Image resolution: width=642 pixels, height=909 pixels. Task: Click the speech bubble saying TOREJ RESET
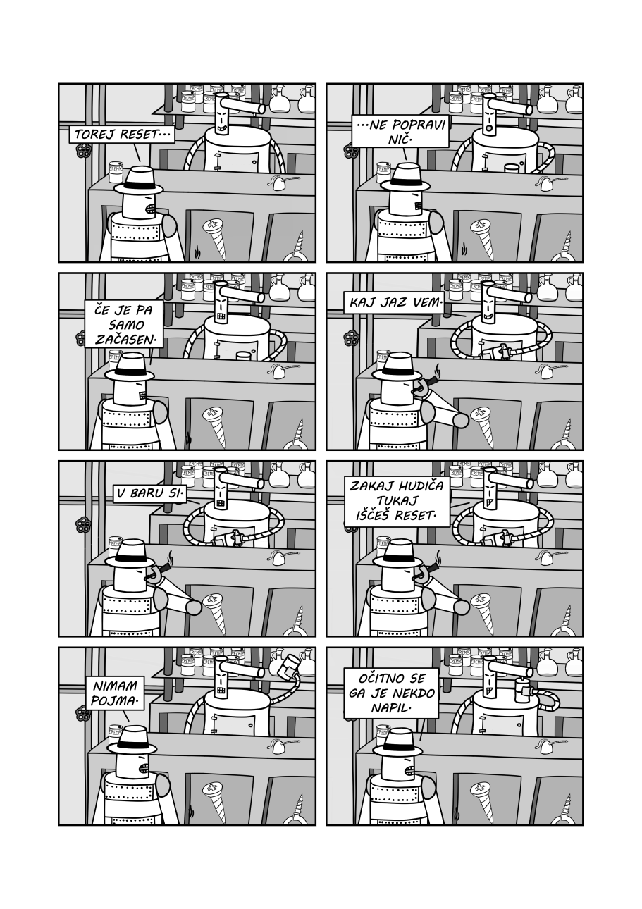coord(121,135)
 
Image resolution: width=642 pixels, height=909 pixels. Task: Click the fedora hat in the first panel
coord(139,181)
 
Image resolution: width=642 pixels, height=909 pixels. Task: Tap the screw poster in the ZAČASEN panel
coord(215,424)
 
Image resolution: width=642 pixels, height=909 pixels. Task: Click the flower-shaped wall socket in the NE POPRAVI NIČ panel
coord(350,150)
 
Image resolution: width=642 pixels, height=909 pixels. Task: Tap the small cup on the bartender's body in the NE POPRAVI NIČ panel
coord(512,169)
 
